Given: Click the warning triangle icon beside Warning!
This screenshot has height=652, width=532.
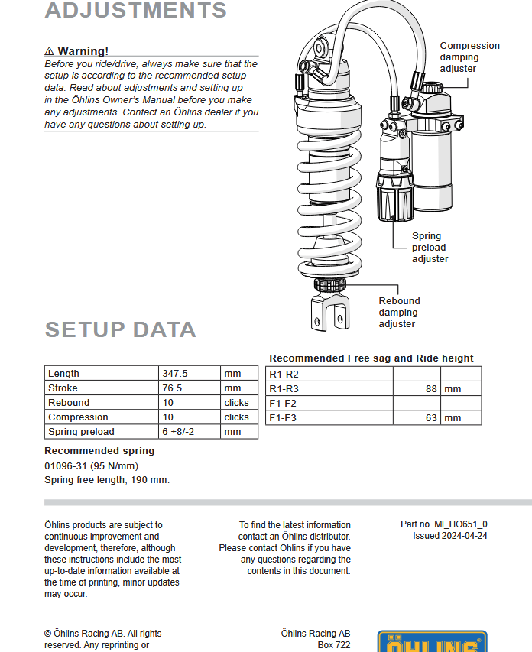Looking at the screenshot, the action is click(49, 51).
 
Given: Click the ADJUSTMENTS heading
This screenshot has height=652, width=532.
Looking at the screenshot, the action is click(135, 10).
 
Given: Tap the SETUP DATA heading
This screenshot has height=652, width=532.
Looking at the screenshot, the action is click(120, 329).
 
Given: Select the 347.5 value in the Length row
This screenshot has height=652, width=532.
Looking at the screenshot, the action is click(175, 374).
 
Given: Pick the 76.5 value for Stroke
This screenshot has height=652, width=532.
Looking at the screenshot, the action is click(172, 388).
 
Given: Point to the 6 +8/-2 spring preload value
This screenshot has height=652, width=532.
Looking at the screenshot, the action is click(178, 432).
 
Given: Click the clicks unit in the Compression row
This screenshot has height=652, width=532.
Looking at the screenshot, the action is click(236, 417).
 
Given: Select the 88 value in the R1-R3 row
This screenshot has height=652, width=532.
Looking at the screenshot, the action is click(431, 389).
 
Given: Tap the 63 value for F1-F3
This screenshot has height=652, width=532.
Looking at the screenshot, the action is click(431, 418).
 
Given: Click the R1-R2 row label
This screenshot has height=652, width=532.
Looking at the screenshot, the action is click(284, 375).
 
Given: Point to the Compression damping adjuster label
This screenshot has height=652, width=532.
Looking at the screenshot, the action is click(469, 57).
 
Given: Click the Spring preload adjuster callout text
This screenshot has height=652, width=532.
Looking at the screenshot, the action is click(430, 248).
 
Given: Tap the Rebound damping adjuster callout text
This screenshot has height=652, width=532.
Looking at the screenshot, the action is click(399, 313).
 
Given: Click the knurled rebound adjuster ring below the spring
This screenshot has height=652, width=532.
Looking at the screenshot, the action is click(330, 285).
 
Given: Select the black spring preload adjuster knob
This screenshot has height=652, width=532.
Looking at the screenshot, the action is click(394, 198).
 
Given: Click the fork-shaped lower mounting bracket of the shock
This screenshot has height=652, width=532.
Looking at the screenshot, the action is click(330, 311).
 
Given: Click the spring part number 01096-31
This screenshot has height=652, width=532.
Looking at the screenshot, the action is click(65, 466).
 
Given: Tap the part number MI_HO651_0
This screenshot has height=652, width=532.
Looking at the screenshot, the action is click(461, 524).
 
